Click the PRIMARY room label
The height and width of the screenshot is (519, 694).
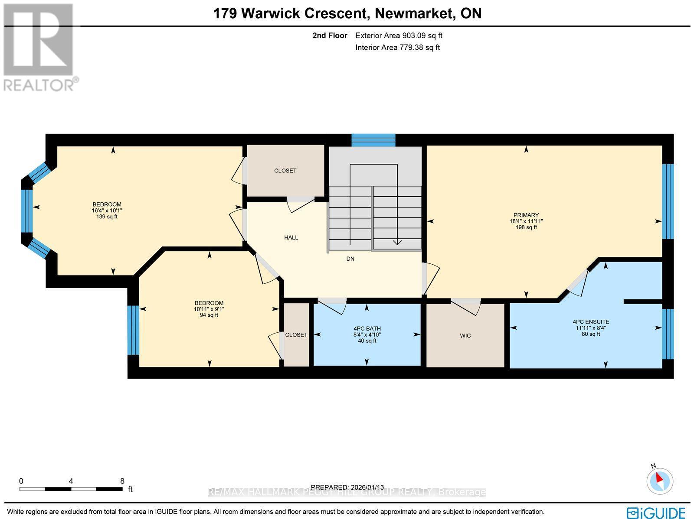(x=526, y=215)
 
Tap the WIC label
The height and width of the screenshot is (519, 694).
(x=465, y=336)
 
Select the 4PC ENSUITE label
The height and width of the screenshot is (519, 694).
(x=591, y=322)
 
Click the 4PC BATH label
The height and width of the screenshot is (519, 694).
(x=367, y=329)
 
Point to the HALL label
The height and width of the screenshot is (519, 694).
(x=291, y=237)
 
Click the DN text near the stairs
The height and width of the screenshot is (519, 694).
(x=350, y=259)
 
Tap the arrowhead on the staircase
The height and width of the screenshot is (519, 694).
(x=397, y=242)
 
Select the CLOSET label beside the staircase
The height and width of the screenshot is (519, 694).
(x=285, y=171)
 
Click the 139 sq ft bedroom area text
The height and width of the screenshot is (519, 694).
(x=107, y=217)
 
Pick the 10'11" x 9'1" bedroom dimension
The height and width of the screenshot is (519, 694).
(x=209, y=309)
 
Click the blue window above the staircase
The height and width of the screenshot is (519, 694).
(x=373, y=140)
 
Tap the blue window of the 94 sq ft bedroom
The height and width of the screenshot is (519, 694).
(x=133, y=330)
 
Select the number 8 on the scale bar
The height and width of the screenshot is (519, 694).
(x=122, y=481)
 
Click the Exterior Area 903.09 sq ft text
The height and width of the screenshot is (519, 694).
(x=399, y=36)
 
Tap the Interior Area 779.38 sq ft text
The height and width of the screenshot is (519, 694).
(x=397, y=48)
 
